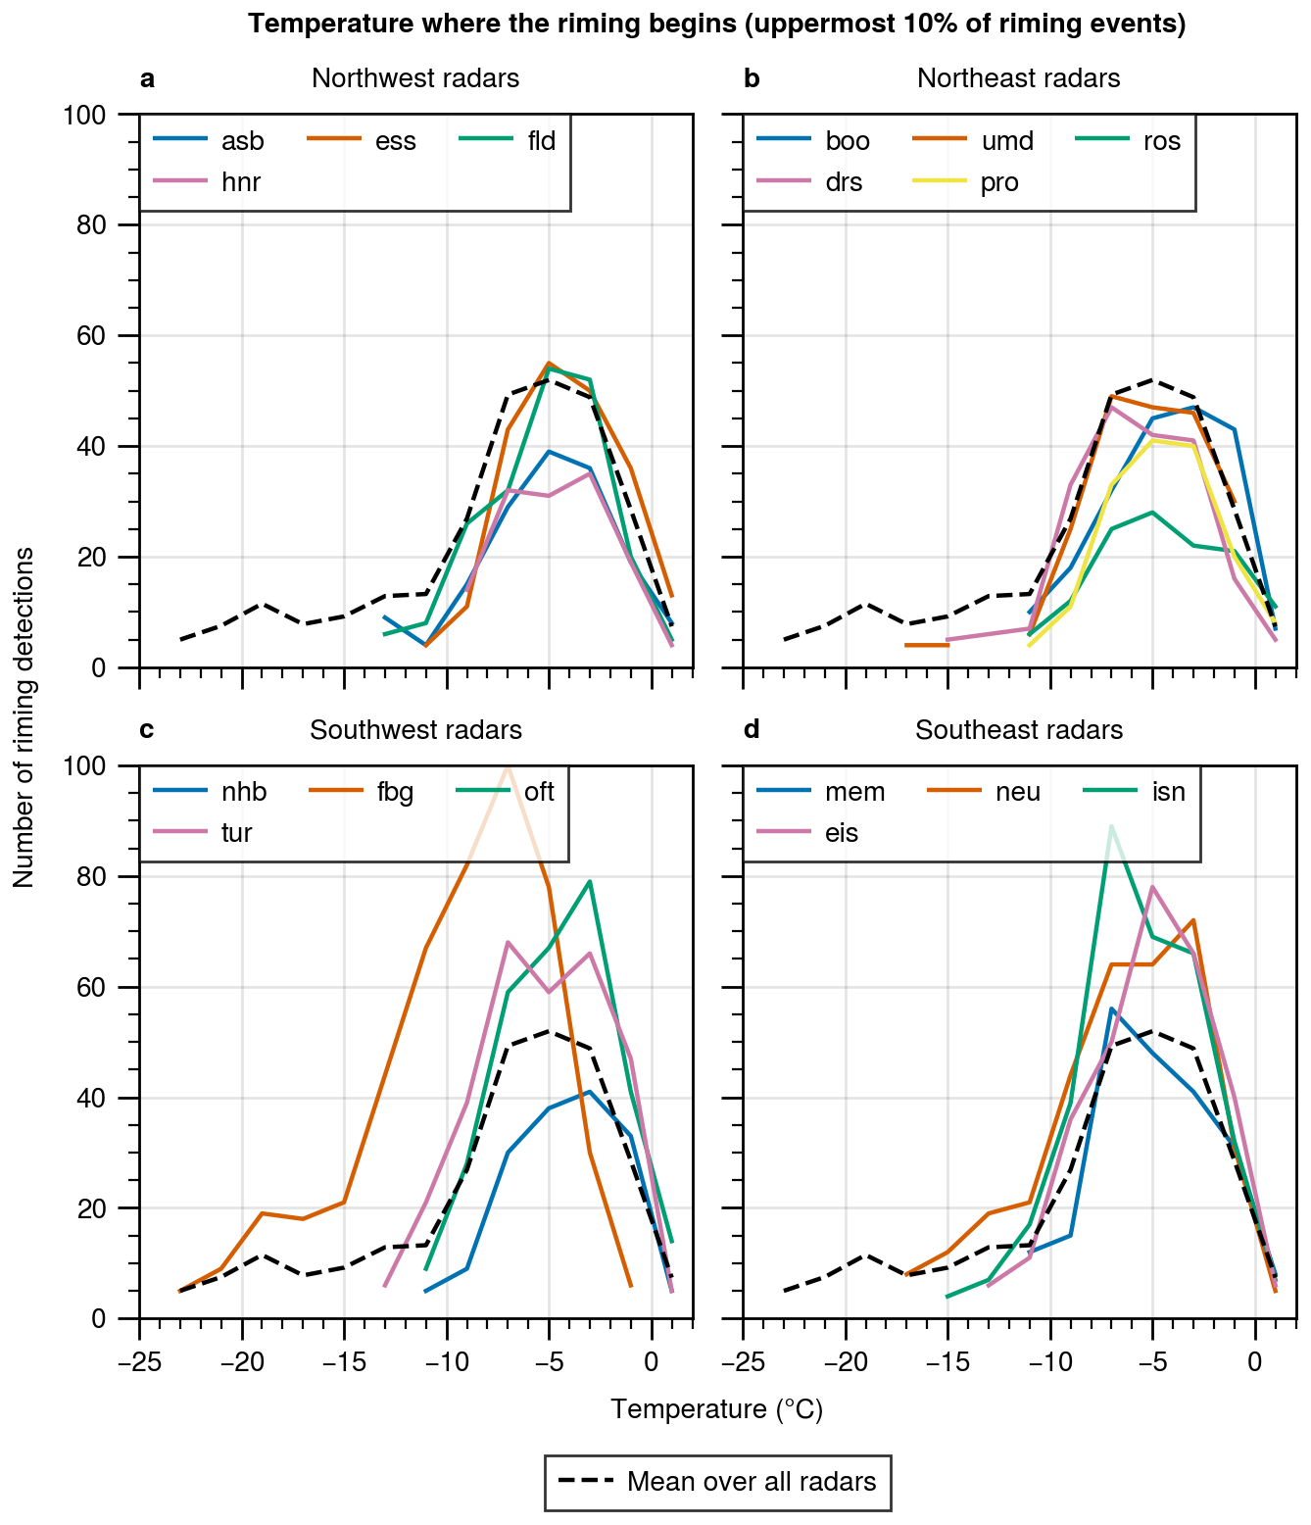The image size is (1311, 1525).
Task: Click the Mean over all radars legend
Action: tap(717, 1481)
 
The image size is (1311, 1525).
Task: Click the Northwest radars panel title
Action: tap(415, 78)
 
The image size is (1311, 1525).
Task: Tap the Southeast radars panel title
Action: tap(1019, 730)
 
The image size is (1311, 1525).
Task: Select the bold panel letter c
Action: tap(147, 730)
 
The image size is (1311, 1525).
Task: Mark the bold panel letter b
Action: tap(752, 78)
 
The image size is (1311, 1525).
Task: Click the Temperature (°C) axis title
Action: tap(716, 1409)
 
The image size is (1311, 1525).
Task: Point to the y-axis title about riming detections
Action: tap(24, 717)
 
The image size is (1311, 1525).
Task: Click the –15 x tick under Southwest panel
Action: tap(343, 1361)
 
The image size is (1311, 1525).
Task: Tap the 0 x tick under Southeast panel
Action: tap(1255, 1361)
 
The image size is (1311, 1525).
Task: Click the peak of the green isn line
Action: tap(1111, 826)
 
